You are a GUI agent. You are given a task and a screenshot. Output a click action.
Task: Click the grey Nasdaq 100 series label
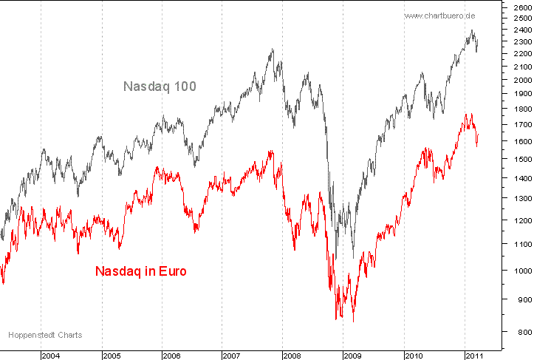pos(160,86)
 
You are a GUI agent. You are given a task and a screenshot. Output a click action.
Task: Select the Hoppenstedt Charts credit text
pos(45,335)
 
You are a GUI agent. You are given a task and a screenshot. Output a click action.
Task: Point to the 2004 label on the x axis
pos(51,356)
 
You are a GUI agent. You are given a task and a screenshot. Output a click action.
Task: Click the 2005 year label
pos(112,356)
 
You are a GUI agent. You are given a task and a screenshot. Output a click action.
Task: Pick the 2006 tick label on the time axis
pos(172,356)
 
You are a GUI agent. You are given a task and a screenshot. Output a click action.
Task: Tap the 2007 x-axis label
pos(233,356)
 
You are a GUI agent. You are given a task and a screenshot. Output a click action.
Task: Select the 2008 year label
pos(293,356)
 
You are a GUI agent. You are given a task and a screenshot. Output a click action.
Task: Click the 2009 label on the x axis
pos(354,356)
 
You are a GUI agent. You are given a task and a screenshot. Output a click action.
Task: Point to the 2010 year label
pos(414,356)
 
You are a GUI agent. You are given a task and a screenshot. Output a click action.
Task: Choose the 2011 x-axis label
pos(475,356)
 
